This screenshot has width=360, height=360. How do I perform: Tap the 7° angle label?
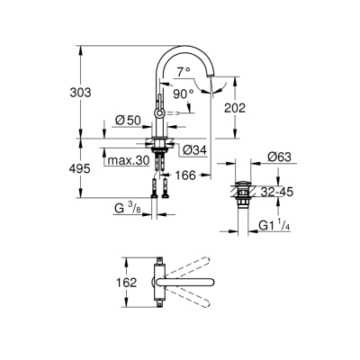tap(184, 70)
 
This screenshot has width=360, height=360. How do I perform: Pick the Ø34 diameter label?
tap(193, 150)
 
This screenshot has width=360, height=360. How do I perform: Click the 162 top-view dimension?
tap(129, 282)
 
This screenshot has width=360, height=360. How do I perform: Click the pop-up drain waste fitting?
tap(244, 193)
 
